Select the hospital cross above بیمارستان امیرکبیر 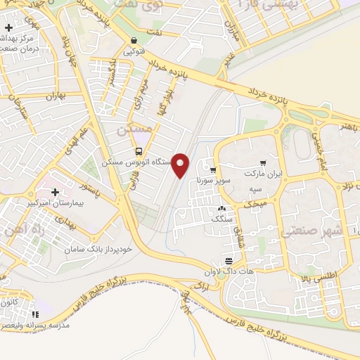[x=54, y=191]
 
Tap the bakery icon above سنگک [x=221, y=208]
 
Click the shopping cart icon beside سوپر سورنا [x=212, y=170]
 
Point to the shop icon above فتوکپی [x=134, y=41]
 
